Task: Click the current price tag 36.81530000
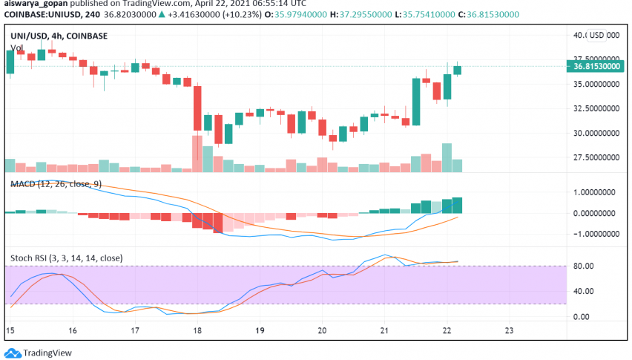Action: [598, 66]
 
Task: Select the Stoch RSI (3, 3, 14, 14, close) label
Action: [67, 258]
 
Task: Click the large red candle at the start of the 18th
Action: [197, 108]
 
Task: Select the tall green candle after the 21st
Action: [415, 102]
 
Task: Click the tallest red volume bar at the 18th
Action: [197, 154]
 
